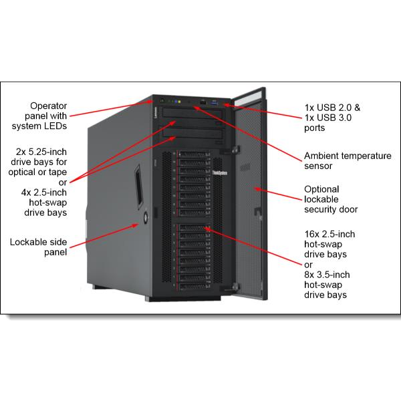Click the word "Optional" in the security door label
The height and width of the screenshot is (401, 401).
tap(322, 188)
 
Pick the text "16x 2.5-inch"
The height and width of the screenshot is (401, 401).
tap(330, 235)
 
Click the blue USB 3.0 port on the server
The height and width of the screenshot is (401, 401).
tap(215, 102)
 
